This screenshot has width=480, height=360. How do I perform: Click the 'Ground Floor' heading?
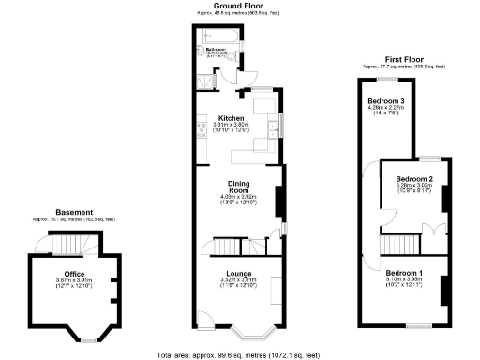(x=238, y=5)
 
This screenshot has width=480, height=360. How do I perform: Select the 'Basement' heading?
(x=73, y=212)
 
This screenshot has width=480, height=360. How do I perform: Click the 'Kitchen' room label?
(x=231, y=118)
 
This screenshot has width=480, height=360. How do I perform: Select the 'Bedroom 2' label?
(x=413, y=178)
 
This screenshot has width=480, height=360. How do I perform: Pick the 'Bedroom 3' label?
(x=385, y=101)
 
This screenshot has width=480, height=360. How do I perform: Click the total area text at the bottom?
(x=237, y=354)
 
